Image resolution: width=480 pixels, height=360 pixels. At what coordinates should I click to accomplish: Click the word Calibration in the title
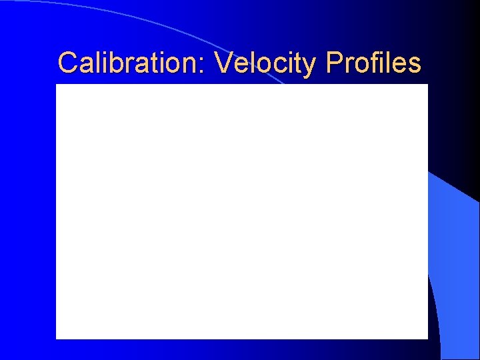point(133,63)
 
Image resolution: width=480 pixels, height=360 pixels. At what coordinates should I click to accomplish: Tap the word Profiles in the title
point(373,63)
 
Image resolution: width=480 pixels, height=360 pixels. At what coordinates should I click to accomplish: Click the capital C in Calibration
point(67,63)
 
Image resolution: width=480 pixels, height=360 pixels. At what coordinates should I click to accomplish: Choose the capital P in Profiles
point(334,63)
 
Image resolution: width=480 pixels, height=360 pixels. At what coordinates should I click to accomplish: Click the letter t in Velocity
point(299,64)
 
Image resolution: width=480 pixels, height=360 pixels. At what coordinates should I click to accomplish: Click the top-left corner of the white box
point(57,85)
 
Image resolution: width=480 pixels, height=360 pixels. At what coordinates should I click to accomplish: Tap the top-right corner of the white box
point(427,85)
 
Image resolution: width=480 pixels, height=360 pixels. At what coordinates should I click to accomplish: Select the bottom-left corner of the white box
point(57,338)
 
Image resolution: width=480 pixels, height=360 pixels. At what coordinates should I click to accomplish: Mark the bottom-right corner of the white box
point(427,338)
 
